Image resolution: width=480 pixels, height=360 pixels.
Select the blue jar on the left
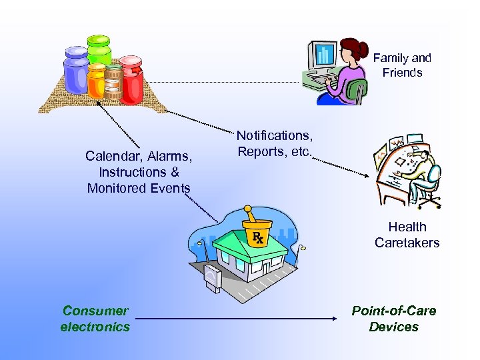click(x=75, y=74)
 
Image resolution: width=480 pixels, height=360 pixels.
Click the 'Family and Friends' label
click(x=402, y=65)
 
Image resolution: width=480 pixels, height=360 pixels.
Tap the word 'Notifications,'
click(x=274, y=135)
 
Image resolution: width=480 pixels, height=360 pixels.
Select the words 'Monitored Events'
click(x=139, y=188)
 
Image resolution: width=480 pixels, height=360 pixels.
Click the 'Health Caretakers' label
click(x=407, y=235)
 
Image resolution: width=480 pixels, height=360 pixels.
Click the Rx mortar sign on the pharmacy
click(x=257, y=231)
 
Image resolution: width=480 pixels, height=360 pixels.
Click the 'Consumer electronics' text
click(x=95, y=319)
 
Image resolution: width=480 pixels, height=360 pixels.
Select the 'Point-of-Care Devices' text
click(x=393, y=319)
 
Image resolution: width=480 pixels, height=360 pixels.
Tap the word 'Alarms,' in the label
click(x=170, y=157)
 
